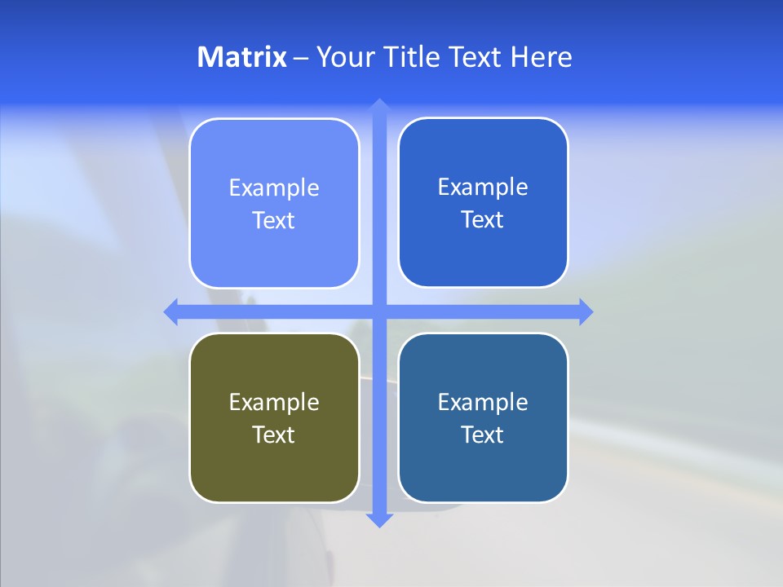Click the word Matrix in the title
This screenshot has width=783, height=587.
[241, 57]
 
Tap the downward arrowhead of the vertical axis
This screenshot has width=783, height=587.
[378, 519]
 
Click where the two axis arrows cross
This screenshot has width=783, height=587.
[378, 311]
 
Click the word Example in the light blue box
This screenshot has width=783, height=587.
[274, 188]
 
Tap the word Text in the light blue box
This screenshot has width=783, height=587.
[274, 221]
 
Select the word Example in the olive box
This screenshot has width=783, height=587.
[274, 402]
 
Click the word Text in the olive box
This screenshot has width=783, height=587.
[274, 435]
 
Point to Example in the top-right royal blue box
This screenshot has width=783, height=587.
[483, 188]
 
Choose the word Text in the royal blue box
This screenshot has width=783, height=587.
[483, 220]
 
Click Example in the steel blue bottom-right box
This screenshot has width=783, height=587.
[483, 402]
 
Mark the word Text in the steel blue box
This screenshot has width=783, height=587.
[483, 435]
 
